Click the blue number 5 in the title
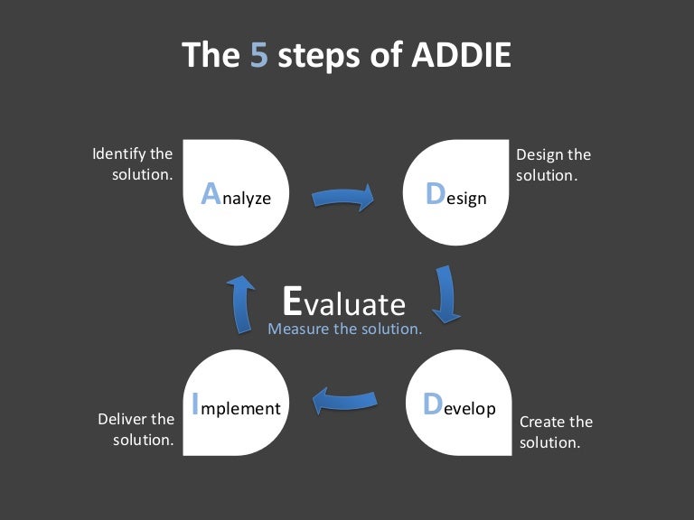coord(258,54)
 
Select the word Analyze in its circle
coord(236,195)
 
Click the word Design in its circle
coord(455,195)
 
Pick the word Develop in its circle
coord(460,406)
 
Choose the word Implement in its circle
coord(237,406)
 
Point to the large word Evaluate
coord(343,301)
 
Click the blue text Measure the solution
coord(345,329)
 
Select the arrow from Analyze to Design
coord(343,196)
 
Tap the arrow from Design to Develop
coord(445,293)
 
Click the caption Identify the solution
coord(134,164)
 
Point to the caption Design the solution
coord(552,164)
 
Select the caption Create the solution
coord(555,432)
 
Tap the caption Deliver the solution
coord(136,429)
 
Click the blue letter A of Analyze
coord(210,193)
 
